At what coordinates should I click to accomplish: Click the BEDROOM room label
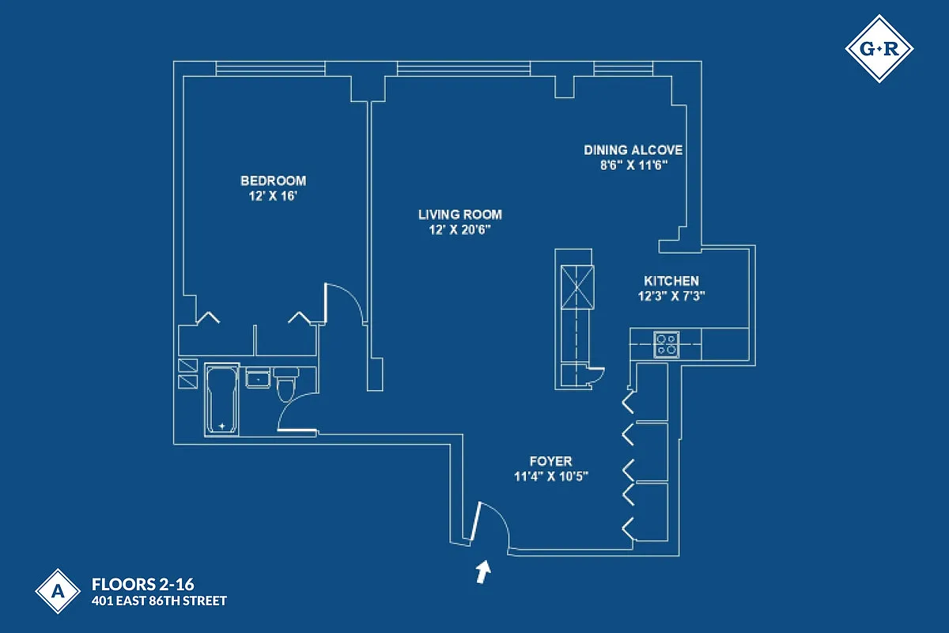click(273, 180)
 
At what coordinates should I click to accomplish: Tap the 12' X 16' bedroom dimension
click(273, 195)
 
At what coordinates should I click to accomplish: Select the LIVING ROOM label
click(460, 214)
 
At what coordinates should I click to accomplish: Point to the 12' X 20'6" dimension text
click(460, 229)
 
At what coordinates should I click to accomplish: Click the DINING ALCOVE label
click(633, 150)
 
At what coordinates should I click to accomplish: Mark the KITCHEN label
click(671, 281)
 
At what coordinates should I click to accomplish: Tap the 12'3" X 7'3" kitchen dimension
click(671, 296)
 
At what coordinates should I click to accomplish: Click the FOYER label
click(550, 461)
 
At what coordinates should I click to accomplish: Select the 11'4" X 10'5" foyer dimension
click(550, 476)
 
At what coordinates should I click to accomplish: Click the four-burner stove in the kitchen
click(667, 344)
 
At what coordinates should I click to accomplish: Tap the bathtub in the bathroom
click(221, 400)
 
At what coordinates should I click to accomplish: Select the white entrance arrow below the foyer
click(482, 571)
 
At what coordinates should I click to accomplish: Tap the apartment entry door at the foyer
click(476, 523)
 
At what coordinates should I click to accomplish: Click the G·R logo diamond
click(879, 49)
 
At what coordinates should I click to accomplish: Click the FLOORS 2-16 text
click(142, 586)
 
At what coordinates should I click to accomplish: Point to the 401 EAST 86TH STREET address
click(159, 601)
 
